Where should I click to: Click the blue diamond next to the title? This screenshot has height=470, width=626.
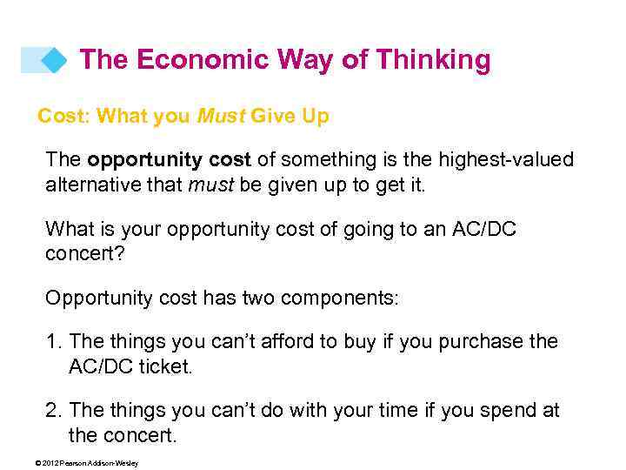coord(55,60)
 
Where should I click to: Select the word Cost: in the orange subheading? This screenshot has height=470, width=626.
coord(65,116)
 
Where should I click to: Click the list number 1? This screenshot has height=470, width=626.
coord(52,342)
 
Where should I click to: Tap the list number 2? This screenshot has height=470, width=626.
coord(52,410)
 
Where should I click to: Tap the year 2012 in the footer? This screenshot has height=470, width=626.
coord(48,463)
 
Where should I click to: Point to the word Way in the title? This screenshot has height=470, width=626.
coord(303,60)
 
